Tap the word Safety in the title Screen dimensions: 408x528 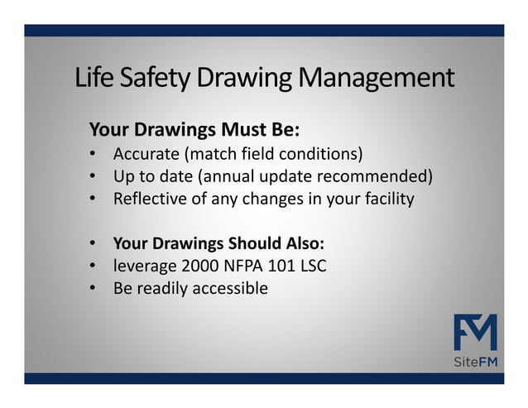tap(146, 79)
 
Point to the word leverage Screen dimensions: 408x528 tap(143, 266)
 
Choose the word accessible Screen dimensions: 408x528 tap(230, 288)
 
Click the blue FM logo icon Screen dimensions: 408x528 tap(475, 332)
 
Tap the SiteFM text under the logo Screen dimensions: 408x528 tap(476, 361)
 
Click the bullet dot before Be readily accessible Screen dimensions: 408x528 tap(94, 289)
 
